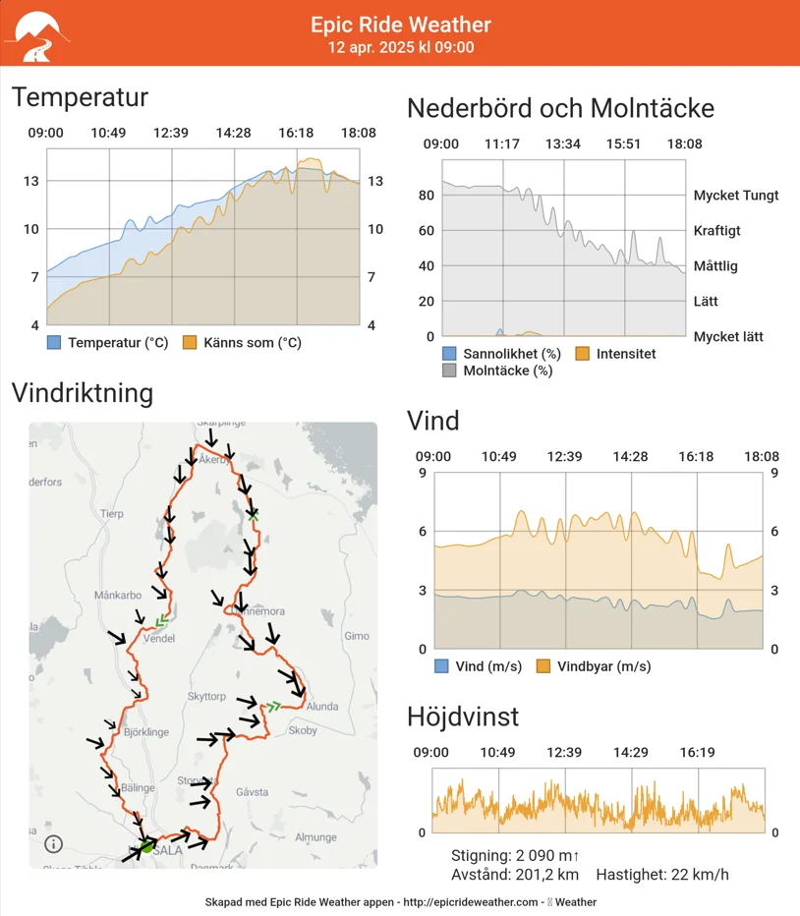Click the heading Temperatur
tap(80, 97)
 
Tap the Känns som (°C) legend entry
tap(242, 343)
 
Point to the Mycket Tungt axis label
tap(735, 195)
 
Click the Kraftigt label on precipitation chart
tap(716, 231)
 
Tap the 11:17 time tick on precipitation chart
tap(502, 144)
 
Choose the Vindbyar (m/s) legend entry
tap(592, 666)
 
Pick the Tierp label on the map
tap(112, 514)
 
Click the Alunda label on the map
tap(322, 706)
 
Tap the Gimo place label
tap(357, 636)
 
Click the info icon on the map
tap(53, 843)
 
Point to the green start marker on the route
tap(147, 845)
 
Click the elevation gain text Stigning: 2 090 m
tap(514, 855)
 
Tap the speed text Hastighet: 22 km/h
tap(661, 875)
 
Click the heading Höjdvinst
tap(463, 716)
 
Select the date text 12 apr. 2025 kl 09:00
tap(400, 47)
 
